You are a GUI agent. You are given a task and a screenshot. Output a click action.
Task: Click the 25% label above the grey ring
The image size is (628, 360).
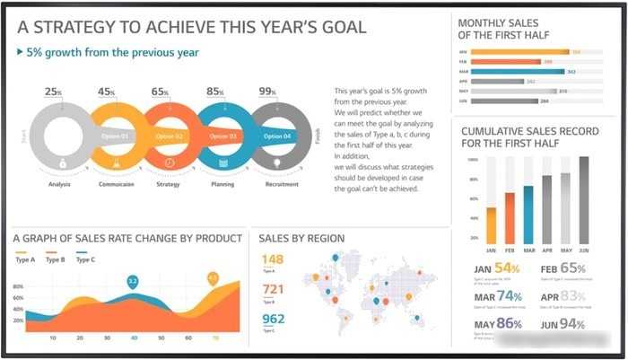pyautogui.click(x=53, y=92)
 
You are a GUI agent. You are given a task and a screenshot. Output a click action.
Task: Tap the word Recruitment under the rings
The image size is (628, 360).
pyautogui.click(x=282, y=184)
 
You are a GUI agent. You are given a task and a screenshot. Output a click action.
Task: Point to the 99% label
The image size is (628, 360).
pyautogui.click(x=267, y=92)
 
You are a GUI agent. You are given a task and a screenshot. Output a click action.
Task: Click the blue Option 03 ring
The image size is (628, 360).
pyautogui.click(x=222, y=136)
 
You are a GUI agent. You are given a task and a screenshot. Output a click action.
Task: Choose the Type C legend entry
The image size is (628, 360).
pyautogui.click(x=85, y=259)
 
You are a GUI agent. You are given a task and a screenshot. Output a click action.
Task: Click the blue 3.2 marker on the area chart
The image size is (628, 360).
pyautogui.click(x=133, y=282)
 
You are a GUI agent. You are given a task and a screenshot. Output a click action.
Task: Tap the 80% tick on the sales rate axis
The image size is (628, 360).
pyautogui.click(x=18, y=287)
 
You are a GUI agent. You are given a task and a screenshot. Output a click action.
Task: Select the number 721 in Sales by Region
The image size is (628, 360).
pyautogui.click(x=273, y=289)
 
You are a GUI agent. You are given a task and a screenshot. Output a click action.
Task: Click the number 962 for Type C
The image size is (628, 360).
pyautogui.click(x=273, y=319)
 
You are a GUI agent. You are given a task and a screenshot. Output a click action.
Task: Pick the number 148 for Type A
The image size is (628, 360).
pyautogui.click(x=273, y=259)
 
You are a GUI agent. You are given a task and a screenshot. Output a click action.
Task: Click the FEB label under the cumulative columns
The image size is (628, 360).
pyautogui.click(x=510, y=250)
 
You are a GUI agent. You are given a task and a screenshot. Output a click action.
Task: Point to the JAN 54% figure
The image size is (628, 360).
pyautogui.click(x=495, y=268)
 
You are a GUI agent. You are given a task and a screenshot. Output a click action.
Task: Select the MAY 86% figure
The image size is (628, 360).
pyautogui.click(x=497, y=323)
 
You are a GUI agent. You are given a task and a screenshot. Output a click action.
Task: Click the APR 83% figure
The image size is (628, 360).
pyautogui.click(x=563, y=296)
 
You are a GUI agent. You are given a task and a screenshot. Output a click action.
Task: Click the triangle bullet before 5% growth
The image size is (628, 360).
pyautogui.click(x=20, y=52)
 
